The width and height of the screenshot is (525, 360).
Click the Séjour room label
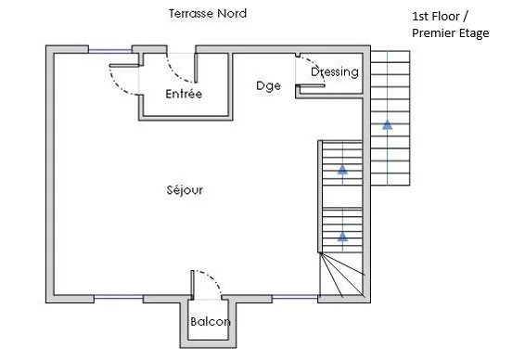[x=185, y=190]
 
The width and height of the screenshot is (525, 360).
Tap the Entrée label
[x=184, y=94]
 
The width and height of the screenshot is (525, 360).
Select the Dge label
[x=268, y=86]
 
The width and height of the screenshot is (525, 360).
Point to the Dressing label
[x=335, y=72]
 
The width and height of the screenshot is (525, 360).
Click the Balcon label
[x=211, y=321]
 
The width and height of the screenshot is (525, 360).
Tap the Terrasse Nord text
[x=208, y=14]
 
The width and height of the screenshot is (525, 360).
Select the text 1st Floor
[x=435, y=16]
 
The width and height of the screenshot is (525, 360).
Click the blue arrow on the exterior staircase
[x=388, y=124]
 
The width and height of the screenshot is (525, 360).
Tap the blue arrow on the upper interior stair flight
[x=342, y=170]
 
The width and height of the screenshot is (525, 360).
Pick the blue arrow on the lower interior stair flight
[x=342, y=237]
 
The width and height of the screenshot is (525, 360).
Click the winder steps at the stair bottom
[x=341, y=276]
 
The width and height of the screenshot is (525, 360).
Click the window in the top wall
[x=110, y=51]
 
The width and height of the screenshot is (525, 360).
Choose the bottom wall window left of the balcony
[x=119, y=297]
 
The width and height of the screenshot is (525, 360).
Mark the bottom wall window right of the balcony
[x=295, y=297]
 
